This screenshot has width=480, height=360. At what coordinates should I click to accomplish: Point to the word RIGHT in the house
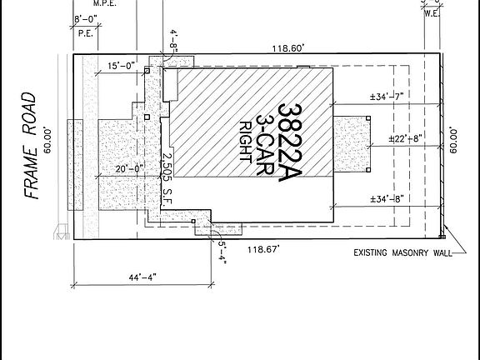(x=246, y=146)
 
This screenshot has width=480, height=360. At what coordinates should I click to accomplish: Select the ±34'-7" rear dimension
(x=387, y=97)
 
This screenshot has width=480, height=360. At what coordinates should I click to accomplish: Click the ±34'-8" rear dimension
(x=387, y=198)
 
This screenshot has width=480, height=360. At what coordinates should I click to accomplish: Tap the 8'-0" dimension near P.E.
(x=87, y=18)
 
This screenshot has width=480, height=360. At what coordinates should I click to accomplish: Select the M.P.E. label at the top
(x=104, y=3)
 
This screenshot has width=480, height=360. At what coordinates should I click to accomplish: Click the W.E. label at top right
(x=432, y=12)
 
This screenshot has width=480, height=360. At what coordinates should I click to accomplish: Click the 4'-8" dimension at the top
(x=173, y=40)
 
